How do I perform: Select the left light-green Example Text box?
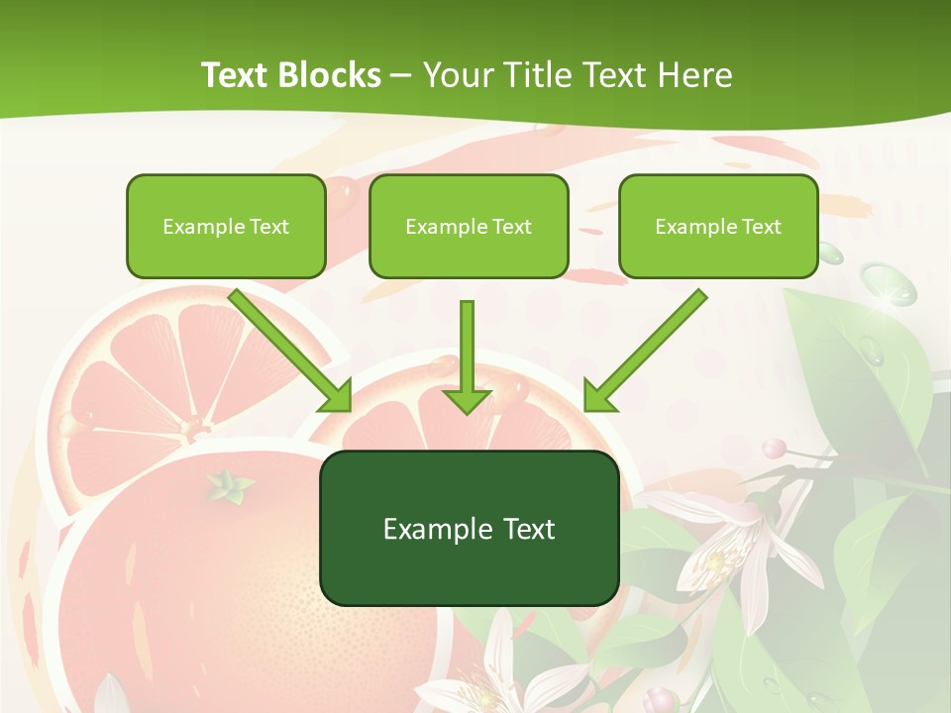coord(226,226)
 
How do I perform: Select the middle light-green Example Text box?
coord(469,226)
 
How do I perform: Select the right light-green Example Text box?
coord(718,226)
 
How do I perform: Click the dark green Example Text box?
coord(470,528)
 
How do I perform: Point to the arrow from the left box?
coord(293,354)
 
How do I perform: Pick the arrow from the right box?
coord(643,354)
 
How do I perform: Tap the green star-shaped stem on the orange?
coord(229,485)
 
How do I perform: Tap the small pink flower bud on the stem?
coord(774,449)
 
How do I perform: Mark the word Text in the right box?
coord(762,226)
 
